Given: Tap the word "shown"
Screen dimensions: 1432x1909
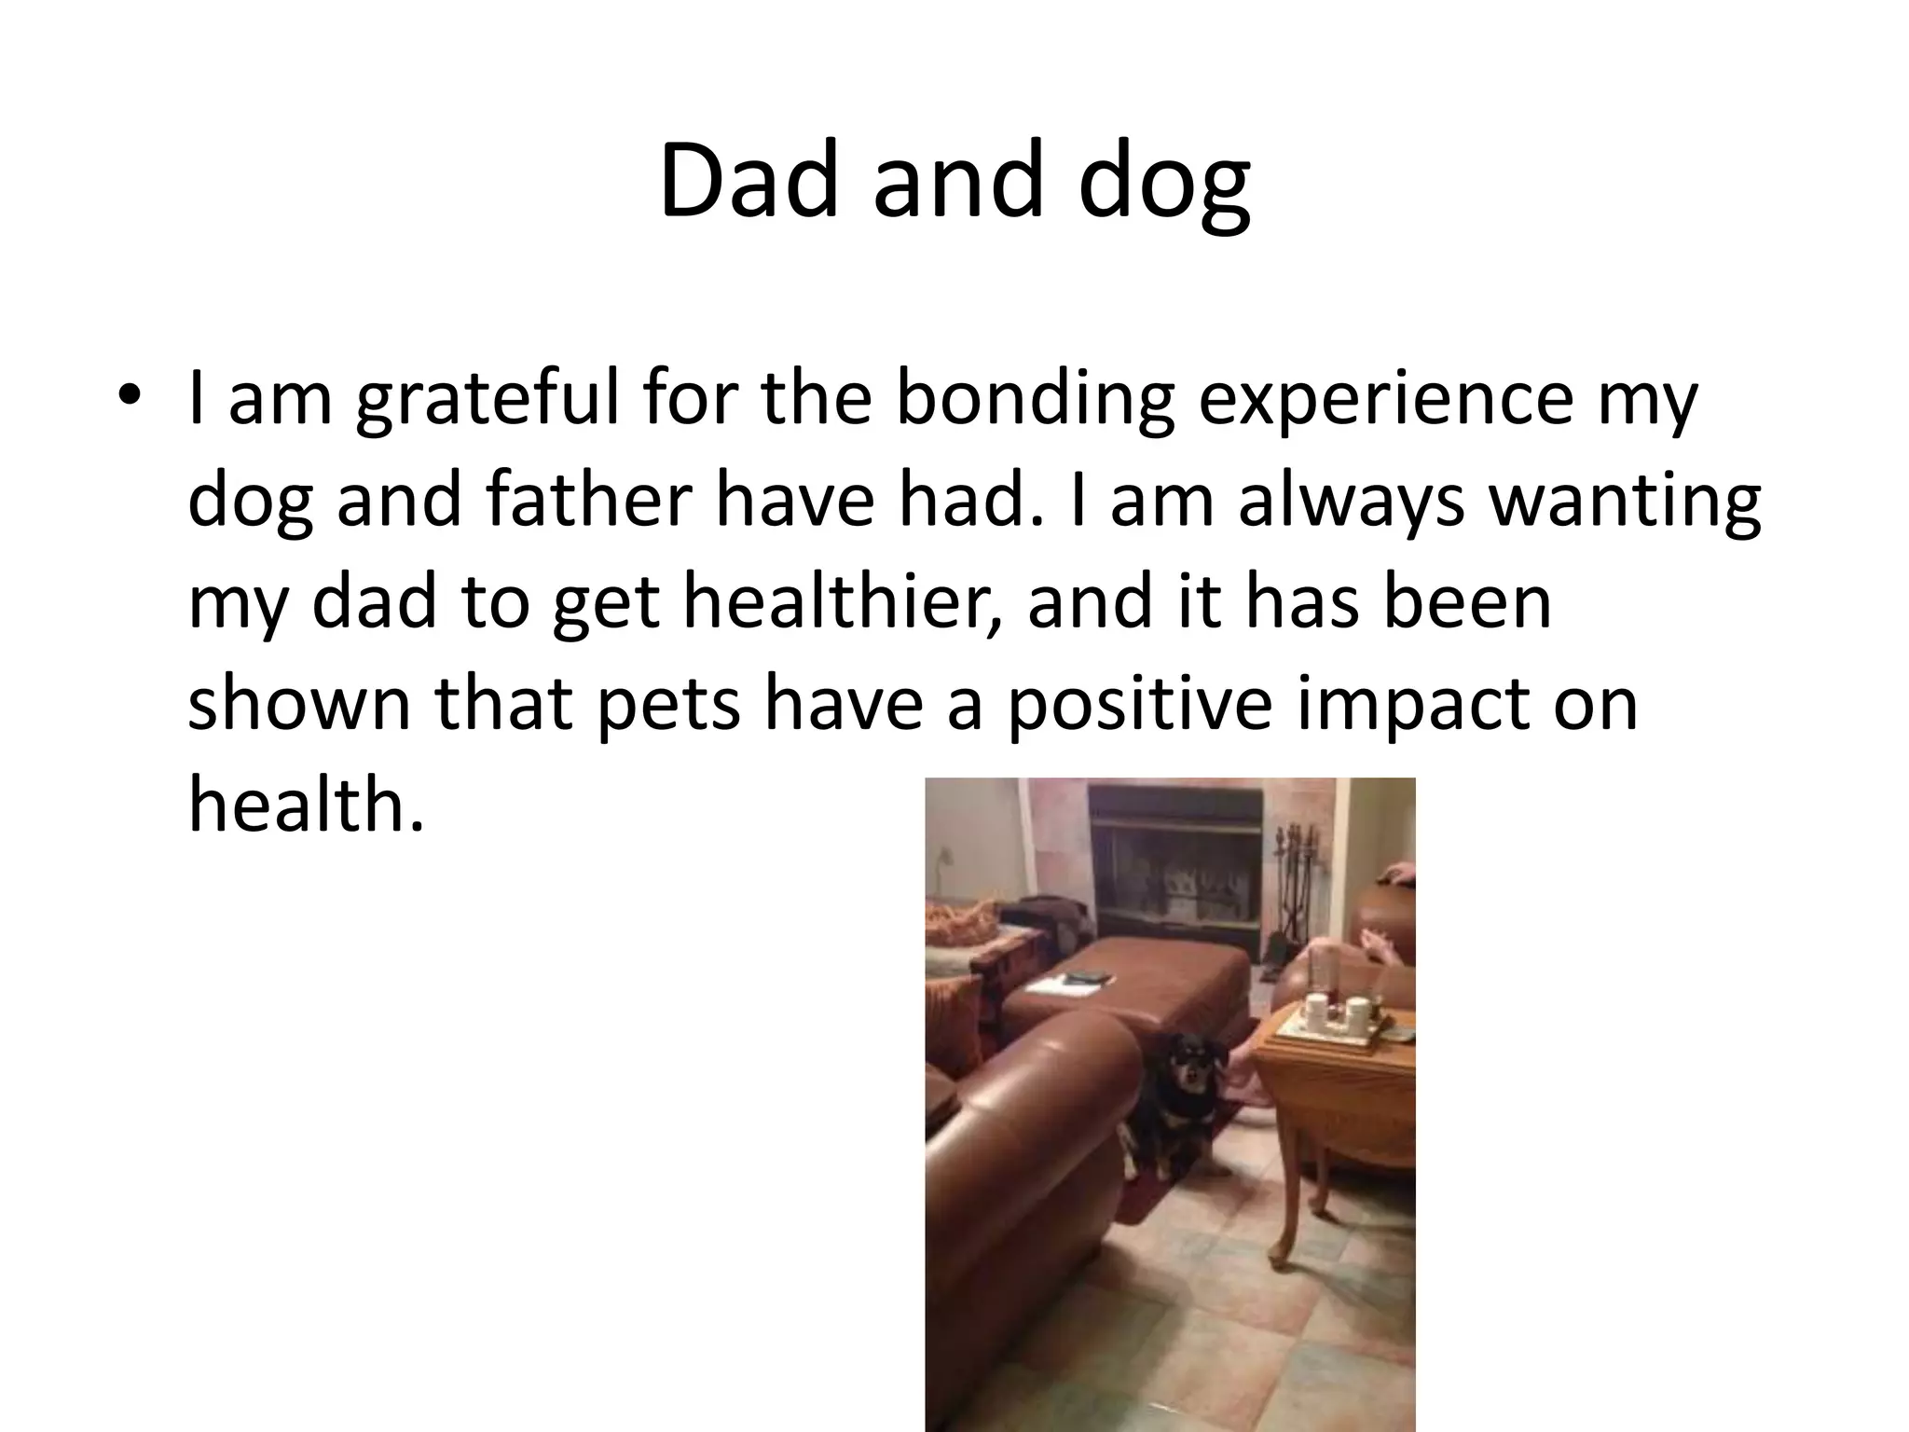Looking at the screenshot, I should point(298,703).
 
